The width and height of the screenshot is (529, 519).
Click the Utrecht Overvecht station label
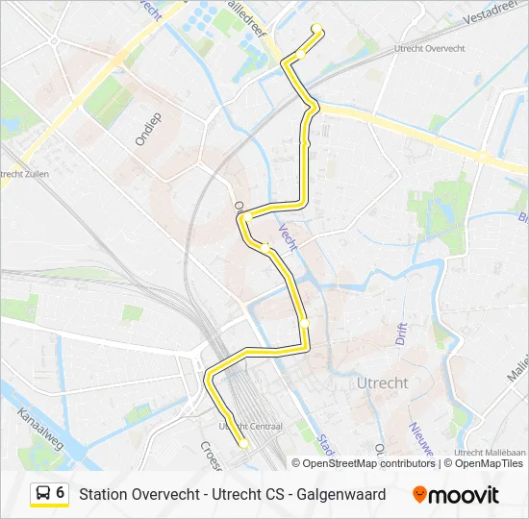point(432,47)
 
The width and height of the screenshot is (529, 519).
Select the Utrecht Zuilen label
point(24,173)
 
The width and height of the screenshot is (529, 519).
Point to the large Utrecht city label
point(382,383)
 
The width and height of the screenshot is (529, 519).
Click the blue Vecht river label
point(288,236)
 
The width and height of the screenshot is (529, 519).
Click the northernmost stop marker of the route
point(317,28)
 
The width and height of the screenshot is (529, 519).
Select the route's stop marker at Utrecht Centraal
point(244,444)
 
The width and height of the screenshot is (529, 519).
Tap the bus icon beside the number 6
point(43,493)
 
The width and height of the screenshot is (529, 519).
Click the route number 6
point(61,492)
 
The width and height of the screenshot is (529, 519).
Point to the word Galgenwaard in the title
point(341,494)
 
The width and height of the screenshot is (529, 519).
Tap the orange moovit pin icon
point(419,495)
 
